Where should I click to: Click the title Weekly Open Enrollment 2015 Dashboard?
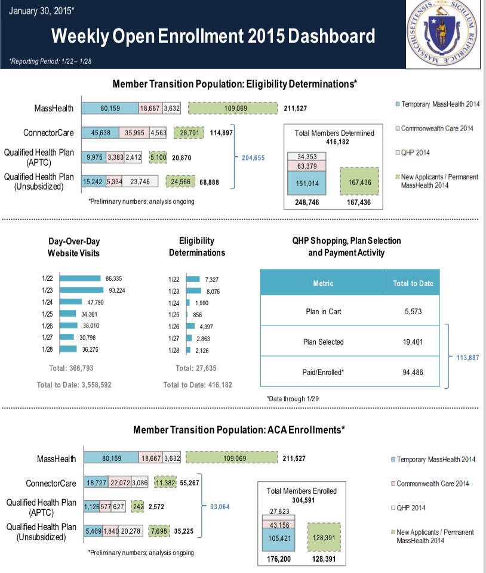click(x=213, y=37)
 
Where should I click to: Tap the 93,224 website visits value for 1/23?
click(x=116, y=290)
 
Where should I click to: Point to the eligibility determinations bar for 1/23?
click(x=194, y=290)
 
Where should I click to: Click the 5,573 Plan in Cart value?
click(x=413, y=311)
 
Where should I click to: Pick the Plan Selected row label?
click(x=323, y=342)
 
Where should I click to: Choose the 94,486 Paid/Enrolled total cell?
click(x=413, y=372)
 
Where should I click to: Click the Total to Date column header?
click(x=413, y=283)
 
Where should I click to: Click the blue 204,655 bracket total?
click(x=254, y=159)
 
